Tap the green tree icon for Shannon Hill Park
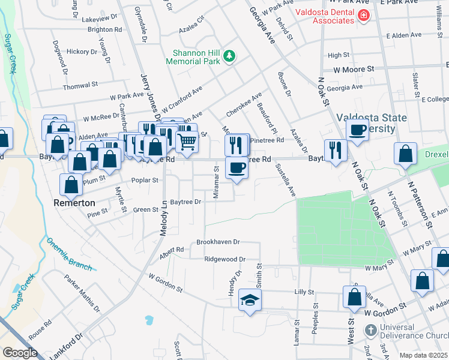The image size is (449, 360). [229, 57]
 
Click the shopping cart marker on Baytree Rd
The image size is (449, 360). [187, 143]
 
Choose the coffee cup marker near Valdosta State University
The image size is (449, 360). [357, 131]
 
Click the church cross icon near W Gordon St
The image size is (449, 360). [371, 331]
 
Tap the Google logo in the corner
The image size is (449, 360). [19, 352]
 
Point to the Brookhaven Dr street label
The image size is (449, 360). [218, 242]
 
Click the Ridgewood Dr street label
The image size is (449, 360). [225, 259]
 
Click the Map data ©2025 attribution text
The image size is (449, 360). [424, 355]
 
